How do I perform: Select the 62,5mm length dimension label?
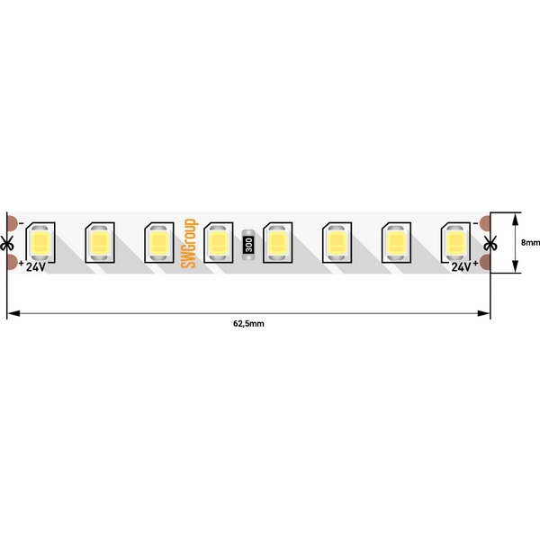point(248,322)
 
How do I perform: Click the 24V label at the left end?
point(34,267)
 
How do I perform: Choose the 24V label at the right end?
point(461,267)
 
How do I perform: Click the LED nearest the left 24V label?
point(40,242)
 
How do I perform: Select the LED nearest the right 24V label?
point(454,242)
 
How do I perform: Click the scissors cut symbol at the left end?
point(8,243)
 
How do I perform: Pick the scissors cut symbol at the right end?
point(490,243)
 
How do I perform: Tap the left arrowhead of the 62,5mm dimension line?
point(12,313)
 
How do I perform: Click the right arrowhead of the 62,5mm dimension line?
point(485,313)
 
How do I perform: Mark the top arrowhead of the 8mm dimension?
point(517,217)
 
